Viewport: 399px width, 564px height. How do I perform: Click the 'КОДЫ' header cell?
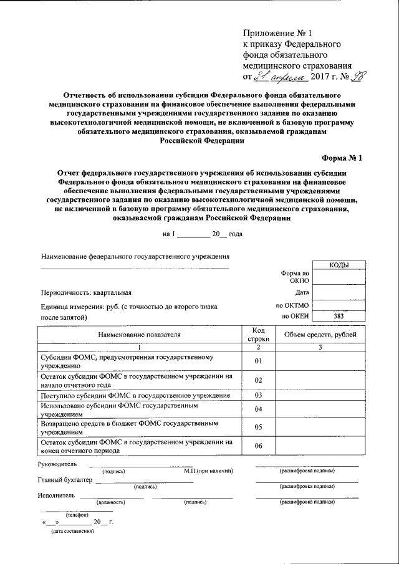pyautogui.click(x=339, y=265)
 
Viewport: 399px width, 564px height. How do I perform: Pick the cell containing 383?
pyautogui.click(x=339, y=317)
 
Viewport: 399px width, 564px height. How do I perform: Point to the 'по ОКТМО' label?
pyautogui.click(x=292, y=305)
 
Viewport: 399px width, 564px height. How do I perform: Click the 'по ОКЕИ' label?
pyautogui.click(x=294, y=317)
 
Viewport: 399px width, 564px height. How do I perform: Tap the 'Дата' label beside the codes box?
pyautogui.click(x=302, y=292)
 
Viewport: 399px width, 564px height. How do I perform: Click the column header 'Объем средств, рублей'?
pyautogui.click(x=320, y=335)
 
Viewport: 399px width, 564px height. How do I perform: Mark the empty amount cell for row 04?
pyautogui.click(x=320, y=409)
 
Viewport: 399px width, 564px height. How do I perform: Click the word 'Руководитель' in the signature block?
pyautogui.click(x=57, y=464)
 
